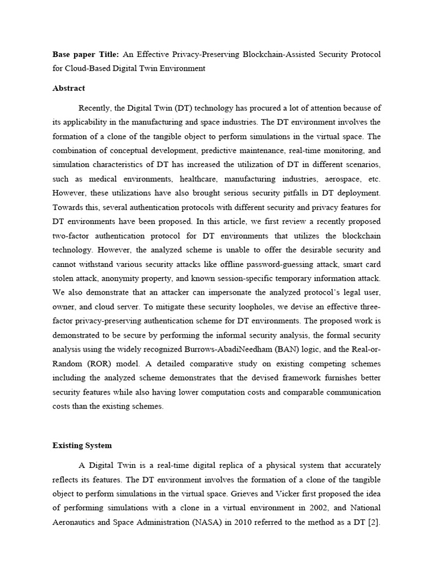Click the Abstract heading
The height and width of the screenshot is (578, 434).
[68, 88]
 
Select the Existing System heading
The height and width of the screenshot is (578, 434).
[82, 445]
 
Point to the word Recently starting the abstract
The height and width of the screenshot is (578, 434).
[96, 108]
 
